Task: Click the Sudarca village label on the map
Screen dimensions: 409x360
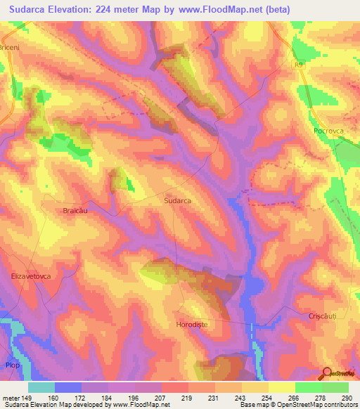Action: [x=178, y=200]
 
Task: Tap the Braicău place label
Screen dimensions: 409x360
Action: [x=78, y=210]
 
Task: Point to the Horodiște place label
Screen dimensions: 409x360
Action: [x=193, y=325]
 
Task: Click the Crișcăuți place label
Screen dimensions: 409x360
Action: [x=323, y=317]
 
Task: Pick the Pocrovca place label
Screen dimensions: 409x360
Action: [x=328, y=131]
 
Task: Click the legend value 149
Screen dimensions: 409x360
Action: [x=28, y=397]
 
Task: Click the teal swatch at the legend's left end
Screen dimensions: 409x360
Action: [x=41, y=387]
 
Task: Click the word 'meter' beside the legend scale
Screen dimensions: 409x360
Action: [x=11, y=397]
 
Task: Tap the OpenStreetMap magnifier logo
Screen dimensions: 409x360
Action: [x=326, y=372]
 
